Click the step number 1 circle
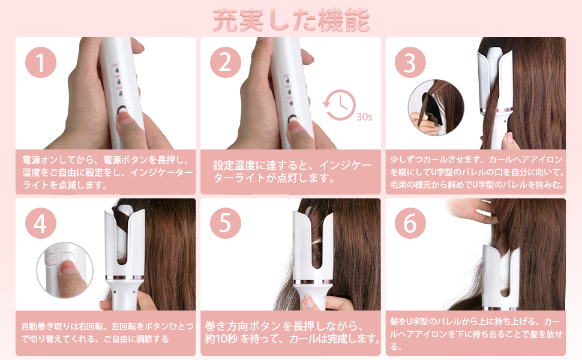click(x=41, y=62)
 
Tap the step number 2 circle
click(x=226, y=62)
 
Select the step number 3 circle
click(x=410, y=62)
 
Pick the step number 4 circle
click(x=41, y=223)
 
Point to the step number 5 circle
click(x=226, y=223)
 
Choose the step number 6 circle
click(x=410, y=223)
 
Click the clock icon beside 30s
click(x=339, y=105)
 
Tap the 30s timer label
click(x=364, y=117)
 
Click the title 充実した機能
click(x=291, y=20)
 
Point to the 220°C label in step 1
click(x=116, y=65)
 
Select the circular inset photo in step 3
click(x=436, y=107)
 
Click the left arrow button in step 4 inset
click(x=52, y=259)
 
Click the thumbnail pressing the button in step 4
click(x=65, y=270)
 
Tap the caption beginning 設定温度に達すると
click(x=292, y=172)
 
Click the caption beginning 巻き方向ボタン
click(x=292, y=332)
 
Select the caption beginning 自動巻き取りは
click(x=107, y=332)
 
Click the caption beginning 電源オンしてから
click(x=107, y=172)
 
